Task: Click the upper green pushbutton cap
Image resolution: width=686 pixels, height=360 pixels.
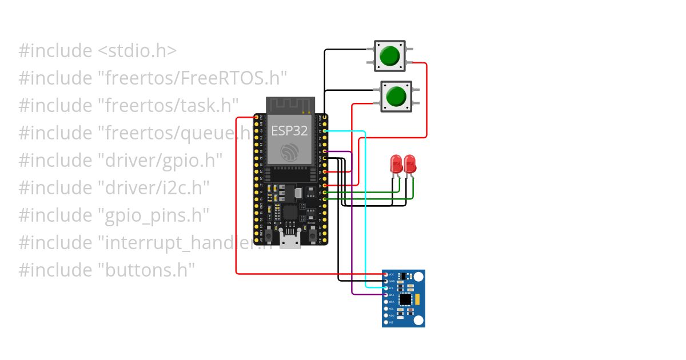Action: [x=390, y=55]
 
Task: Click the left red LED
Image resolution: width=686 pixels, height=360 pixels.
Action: [x=396, y=164]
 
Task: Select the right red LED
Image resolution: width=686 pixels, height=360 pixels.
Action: [x=410, y=164]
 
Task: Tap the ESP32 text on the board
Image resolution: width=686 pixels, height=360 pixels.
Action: [x=289, y=131]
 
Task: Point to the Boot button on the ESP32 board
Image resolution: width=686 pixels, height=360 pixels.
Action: [x=312, y=235]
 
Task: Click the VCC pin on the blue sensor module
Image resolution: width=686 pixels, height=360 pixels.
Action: [x=386, y=275]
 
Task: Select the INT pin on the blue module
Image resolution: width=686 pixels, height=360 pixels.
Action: [x=386, y=322]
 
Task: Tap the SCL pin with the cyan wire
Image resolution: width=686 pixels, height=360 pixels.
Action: [x=386, y=288]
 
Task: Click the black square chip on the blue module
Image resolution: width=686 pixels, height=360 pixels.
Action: [x=405, y=299]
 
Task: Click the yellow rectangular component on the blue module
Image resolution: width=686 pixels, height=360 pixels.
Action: [x=418, y=298]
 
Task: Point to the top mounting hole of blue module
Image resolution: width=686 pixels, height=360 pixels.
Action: [x=418, y=277]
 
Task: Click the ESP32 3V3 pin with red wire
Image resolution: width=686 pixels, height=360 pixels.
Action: [x=256, y=118]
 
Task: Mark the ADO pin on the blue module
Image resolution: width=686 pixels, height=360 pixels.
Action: [x=386, y=315]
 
